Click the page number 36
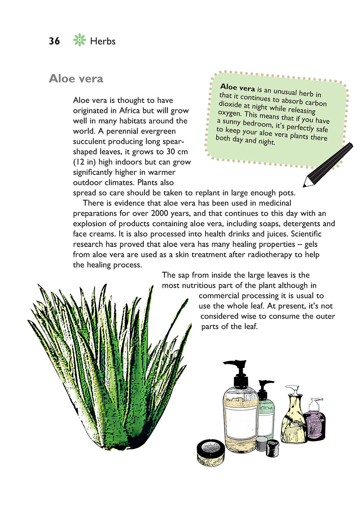click(x=54, y=41)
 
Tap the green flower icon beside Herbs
click(x=79, y=40)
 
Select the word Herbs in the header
click(x=103, y=41)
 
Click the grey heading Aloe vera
click(x=76, y=78)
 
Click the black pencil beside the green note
click(x=328, y=165)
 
